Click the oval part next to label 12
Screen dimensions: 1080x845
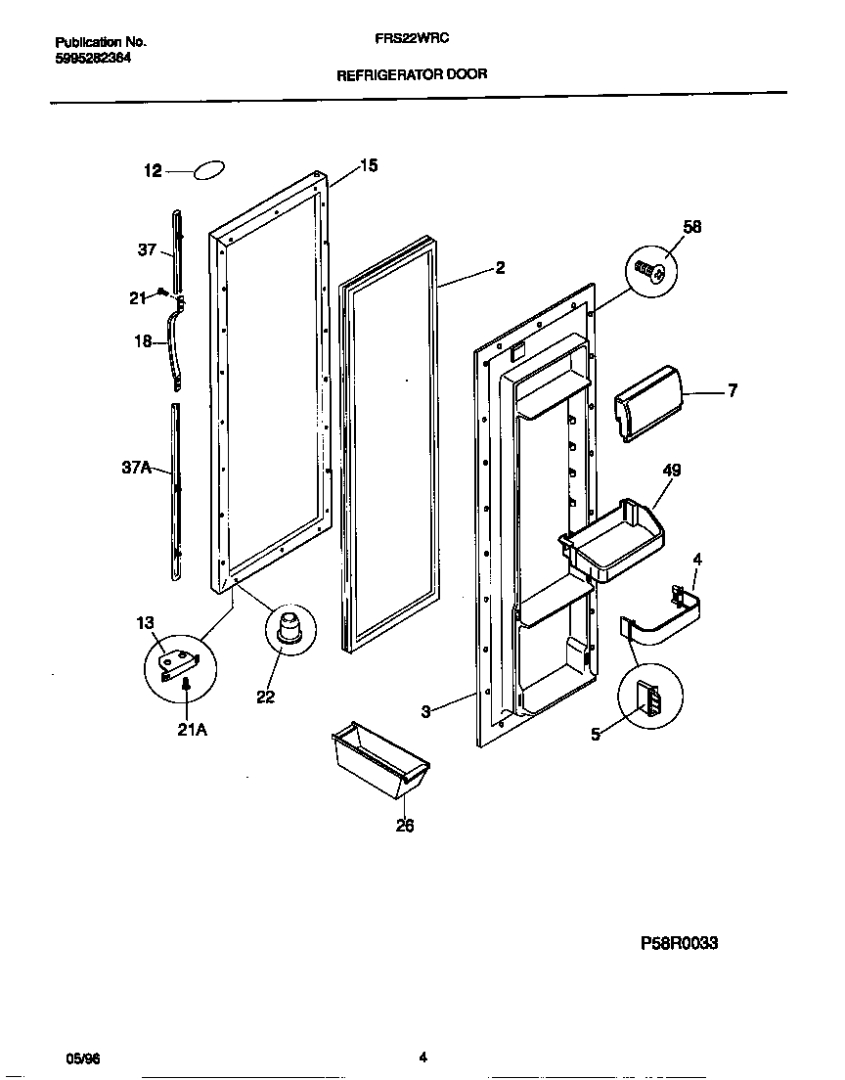[x=210, y=170]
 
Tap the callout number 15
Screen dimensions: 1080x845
[x=368, y=165]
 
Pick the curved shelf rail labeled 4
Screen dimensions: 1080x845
[x=663, y=622]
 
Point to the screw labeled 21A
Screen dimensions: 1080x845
[x=185, y=691]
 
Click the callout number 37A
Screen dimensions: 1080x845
[x=136, y=469]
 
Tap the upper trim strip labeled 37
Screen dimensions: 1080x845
[x=176, y=249]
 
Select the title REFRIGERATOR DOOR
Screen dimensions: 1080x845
[x=411, y=74]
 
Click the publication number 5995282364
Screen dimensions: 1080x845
[x=93, y=58]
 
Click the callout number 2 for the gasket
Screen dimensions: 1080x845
[x=500, y=268]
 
